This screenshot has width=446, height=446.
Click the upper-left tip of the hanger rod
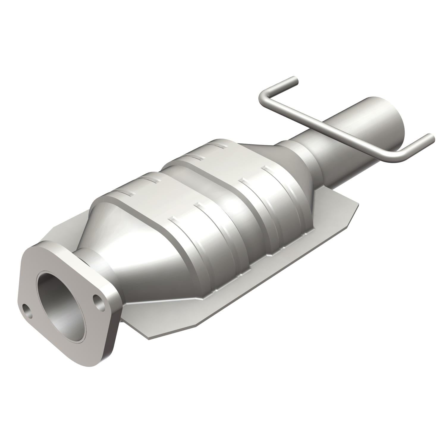pyautogui.click(x=294, y=80)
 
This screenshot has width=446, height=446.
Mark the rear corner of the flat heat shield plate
pyautogui.click(x=357, y=205)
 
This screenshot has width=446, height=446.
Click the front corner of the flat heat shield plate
pyautogui.click(x=149, y=337)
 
